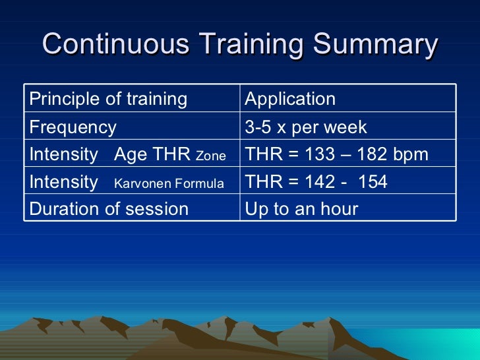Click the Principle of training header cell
coord(108,99)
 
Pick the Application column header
coord(290,99)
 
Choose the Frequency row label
coord(73,127)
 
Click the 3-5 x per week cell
coord(306,127)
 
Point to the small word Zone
coord(211,156)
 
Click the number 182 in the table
coord(375,154)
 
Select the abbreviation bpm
coord(411,155)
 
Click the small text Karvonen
coord(142,183)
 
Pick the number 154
coord(373,182)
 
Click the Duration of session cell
coord(109,209)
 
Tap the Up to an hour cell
coord(301,209)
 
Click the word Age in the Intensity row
coord(129,155)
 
